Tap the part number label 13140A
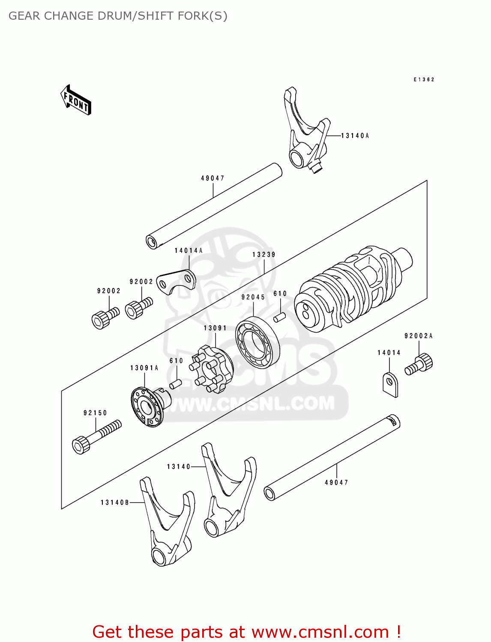355,136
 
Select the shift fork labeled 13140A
307,133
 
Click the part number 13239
263,255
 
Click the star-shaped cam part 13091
213,368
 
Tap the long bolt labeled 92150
97,437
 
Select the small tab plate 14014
390,385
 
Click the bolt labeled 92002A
419,364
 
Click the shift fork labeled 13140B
167,522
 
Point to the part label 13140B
115,502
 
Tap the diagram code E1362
424,80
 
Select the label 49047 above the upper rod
213,178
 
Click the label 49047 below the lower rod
336,483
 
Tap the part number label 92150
95,413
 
